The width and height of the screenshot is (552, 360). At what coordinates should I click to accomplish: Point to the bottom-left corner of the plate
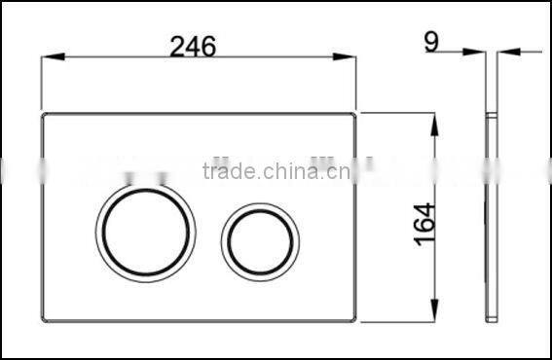coord(47,320)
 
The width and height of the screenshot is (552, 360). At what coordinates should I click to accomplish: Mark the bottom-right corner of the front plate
coord(352,320)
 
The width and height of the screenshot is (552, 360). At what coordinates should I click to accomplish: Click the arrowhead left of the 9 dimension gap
coord(478,50)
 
